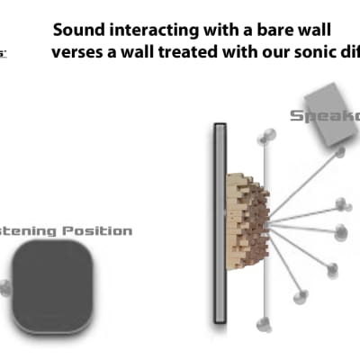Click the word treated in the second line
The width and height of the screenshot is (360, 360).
pos(191,51)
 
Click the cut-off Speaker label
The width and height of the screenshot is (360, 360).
pos(324,115)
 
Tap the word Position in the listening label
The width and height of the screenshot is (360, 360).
pos(98,231)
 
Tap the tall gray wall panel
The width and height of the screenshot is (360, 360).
pos(218,223)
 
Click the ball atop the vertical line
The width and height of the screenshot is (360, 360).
pos(265,137)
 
